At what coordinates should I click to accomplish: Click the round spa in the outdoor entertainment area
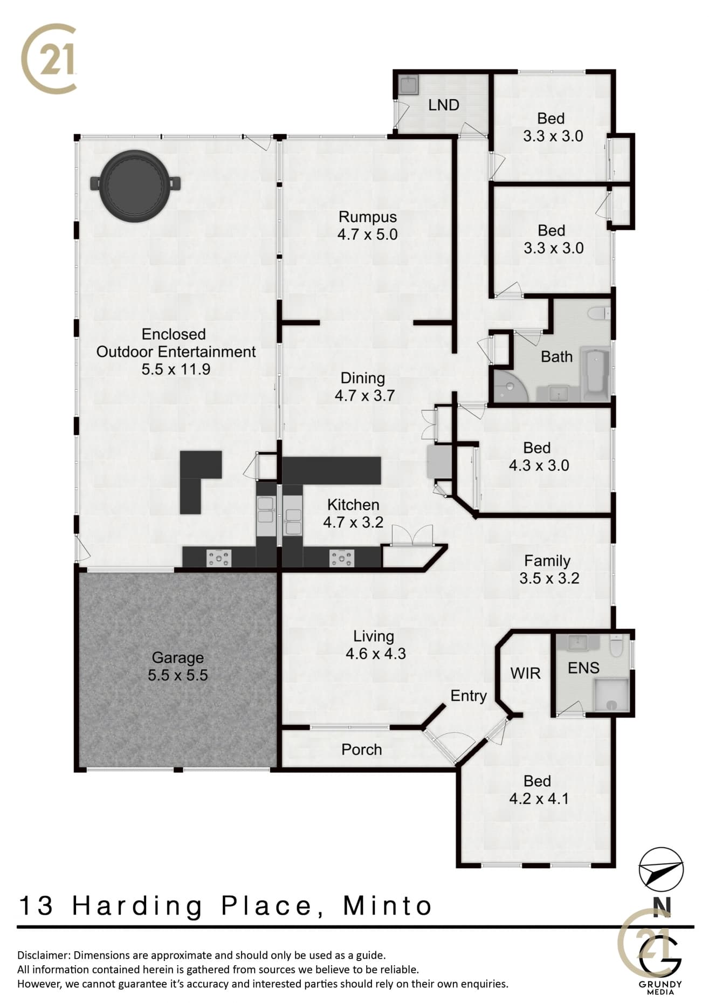click(x=134, y=183)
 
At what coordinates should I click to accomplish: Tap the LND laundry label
click(x=444, y=105)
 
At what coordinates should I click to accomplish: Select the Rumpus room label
click(x=368, y=217)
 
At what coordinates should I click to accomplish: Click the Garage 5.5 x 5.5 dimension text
click(x=178, y=675)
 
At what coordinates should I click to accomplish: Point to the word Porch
click(x=362, y=750)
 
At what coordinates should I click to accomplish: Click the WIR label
click(x=526, y=673)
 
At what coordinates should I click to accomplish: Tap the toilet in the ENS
click(x=616, y=645)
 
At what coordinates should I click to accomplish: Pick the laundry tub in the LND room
click(x=408, y=85)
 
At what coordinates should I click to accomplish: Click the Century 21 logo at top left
click(x=49, y=58)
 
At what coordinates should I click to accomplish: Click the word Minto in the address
click(x=388, y=906)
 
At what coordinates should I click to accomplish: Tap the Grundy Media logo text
click(x=660, y=988)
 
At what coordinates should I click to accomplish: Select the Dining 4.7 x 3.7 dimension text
click(x=365, y=396)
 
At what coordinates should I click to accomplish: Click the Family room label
click(x=547, y=561)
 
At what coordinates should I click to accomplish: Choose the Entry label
click(x=469, y=696)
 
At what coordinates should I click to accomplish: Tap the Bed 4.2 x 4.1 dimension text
click(x=539, y=798)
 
